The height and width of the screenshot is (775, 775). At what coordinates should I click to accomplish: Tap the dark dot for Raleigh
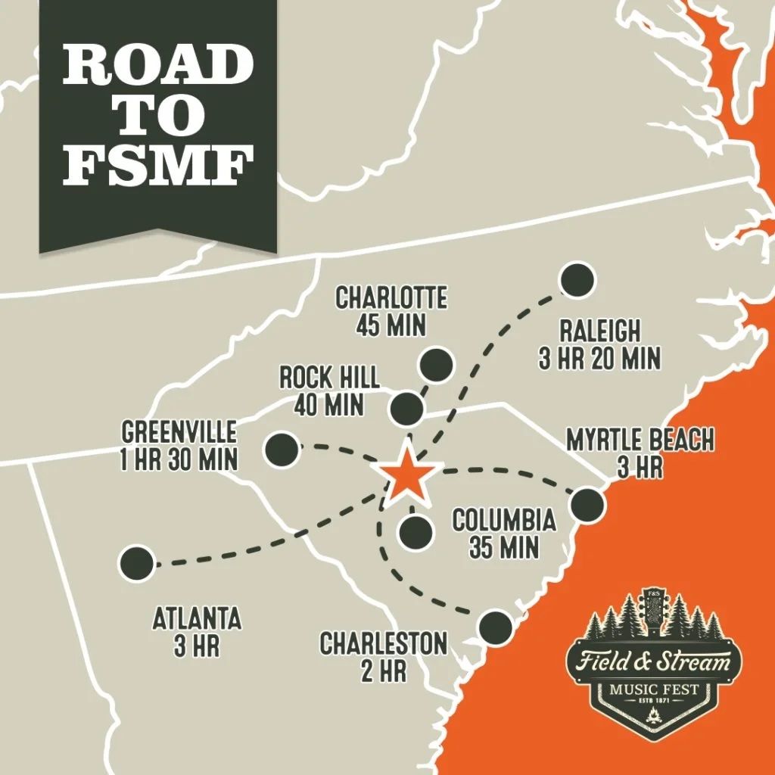[x=577, y=280]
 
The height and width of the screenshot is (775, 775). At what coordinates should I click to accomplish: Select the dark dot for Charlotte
[x=436, y=365]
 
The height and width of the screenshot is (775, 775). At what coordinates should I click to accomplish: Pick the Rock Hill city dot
[x=406, y=409]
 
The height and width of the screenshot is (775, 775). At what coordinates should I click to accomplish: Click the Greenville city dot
[x=281, y=450]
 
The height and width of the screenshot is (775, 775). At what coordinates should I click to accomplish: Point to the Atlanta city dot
[x=138, y=562]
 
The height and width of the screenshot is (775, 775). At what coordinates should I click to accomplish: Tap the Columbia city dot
[x=416, y=533]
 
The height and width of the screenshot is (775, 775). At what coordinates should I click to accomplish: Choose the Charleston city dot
[x=496, y=626]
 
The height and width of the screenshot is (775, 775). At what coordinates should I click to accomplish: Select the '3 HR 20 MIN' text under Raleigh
[x=599, y=357]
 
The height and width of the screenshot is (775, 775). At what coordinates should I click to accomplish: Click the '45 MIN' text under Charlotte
[x=391, y=325]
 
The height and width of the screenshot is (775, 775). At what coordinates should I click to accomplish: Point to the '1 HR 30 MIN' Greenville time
[x=179, y=459]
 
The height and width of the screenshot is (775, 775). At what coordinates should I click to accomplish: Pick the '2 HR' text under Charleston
[x=383, y=671]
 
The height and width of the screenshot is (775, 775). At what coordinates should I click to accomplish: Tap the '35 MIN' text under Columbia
[x=503, y=546]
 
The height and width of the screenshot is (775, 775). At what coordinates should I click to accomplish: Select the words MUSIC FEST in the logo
[x=653, y=690]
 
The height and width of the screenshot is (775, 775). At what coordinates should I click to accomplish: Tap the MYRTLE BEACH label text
[x=640, y=440]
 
